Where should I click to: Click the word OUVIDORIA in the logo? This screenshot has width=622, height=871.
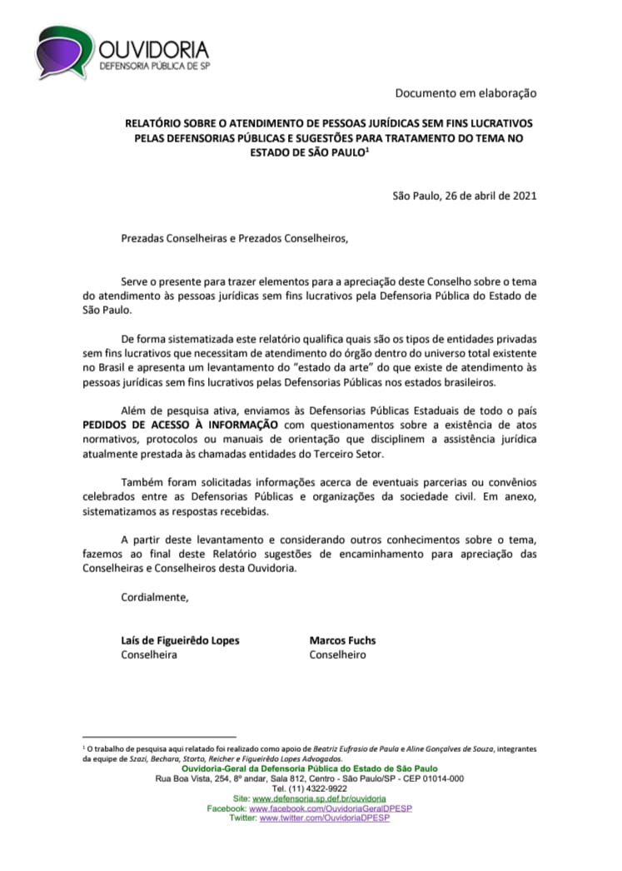tap(154, 49)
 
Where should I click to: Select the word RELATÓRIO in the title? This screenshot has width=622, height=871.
tap(151, 122)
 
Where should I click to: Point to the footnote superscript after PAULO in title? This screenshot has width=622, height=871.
tap(368, 150)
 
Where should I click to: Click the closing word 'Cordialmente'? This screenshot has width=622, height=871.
tap(155, 597)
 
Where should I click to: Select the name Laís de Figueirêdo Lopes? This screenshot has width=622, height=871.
tap(181, 640)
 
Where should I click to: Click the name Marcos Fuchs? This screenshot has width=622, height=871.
tap(342, 640)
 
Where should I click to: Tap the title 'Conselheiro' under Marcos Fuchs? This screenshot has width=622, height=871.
tap(337, 654)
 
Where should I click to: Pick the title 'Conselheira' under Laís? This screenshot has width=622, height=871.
tap(149, 654)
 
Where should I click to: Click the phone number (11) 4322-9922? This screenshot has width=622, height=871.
tap(310, 788)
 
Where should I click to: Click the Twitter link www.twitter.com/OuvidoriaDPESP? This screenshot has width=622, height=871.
tap(325, 818)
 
